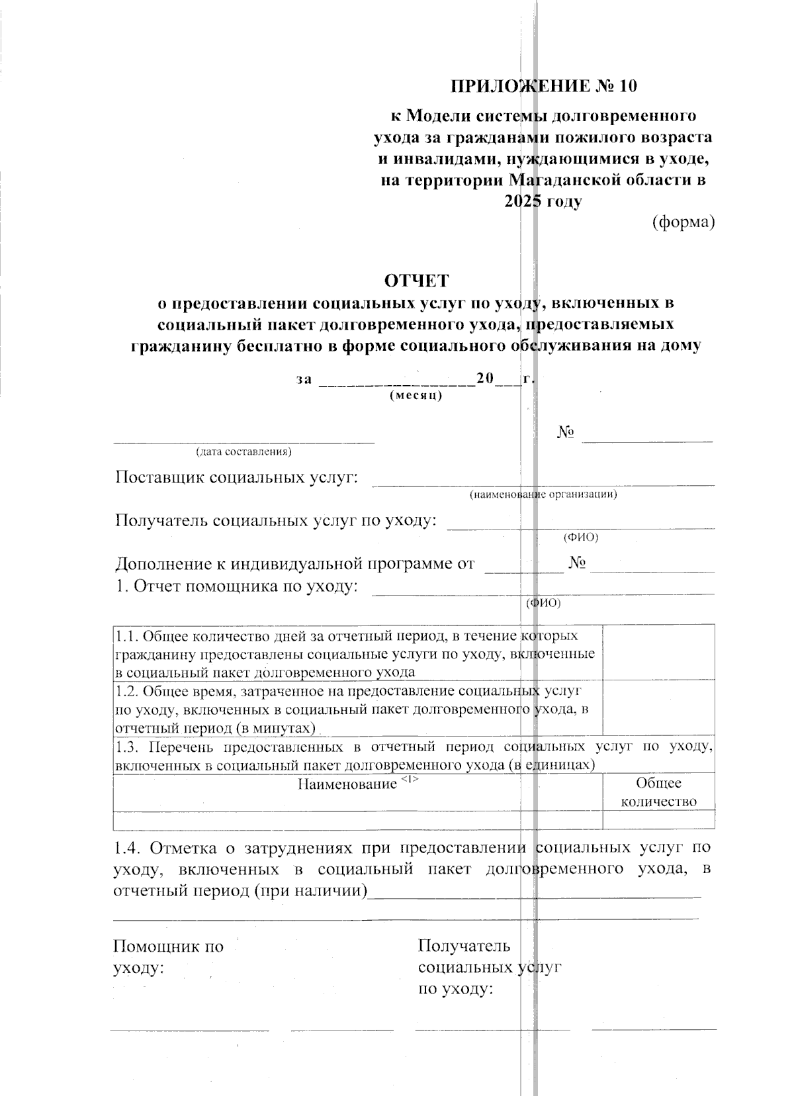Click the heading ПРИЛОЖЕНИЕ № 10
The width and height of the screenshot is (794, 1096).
coord(546,87)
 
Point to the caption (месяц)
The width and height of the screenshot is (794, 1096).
coord(416,396)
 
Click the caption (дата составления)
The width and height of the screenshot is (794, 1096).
coord(243,453)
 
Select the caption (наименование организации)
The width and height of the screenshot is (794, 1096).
coord(543,494)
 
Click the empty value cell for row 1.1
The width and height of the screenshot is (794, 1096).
coord(658,652)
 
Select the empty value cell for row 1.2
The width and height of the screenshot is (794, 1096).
coord(658,707)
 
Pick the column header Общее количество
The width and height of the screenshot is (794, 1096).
coord(658,792)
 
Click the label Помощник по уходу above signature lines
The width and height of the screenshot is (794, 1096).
coord(169,957)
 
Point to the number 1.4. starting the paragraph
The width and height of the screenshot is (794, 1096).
coord(128,848)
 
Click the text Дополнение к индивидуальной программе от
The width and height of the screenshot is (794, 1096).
coord(295,564)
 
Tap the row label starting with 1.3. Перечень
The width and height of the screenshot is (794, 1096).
coord(414,756)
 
